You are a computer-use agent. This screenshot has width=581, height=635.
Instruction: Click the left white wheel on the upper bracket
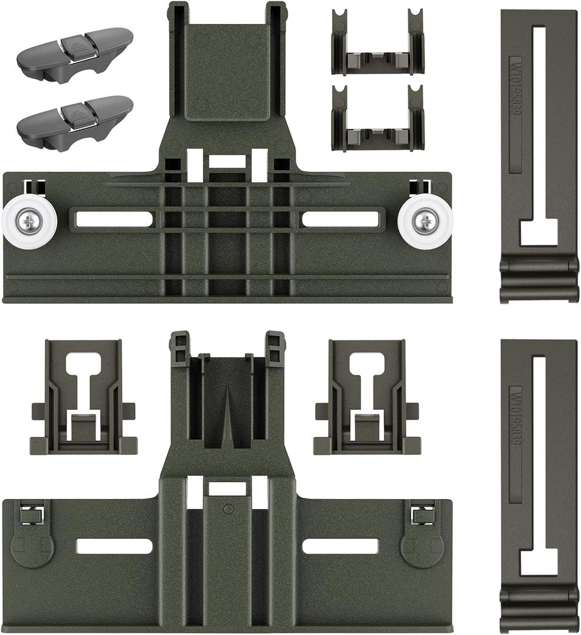tap(29, 222)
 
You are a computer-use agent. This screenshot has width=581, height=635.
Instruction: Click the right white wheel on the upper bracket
tap(425, 222)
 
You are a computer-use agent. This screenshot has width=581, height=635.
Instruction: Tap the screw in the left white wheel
tap(28, 222)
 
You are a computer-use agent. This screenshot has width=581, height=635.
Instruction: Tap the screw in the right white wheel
tap(425, 222)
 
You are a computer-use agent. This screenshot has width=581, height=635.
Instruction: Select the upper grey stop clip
tap(75, 54)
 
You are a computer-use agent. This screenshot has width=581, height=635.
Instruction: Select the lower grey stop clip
tap(75, 122)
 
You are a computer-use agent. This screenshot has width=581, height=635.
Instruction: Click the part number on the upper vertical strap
tap(515, 94)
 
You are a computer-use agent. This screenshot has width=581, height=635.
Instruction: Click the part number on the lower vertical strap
tap(515, 423)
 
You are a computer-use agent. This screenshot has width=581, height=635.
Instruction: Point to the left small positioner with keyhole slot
tap(84, 397)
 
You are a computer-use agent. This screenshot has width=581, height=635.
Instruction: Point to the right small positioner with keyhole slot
tap(367, 397)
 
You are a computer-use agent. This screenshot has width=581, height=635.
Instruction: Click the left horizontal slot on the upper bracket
tap(114, 219)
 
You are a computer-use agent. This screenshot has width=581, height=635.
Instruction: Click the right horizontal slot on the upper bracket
tap(340, 219)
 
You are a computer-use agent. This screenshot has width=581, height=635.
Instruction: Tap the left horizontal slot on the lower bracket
tap(114, 546)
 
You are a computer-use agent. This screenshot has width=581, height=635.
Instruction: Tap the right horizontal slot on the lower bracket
tap(340, 546)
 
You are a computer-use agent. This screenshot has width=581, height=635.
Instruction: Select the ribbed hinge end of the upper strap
tap(539, 280)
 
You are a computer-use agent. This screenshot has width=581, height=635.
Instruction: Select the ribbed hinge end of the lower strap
tap(539, 610)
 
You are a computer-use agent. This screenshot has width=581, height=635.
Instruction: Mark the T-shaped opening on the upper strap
tap(539, 231)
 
